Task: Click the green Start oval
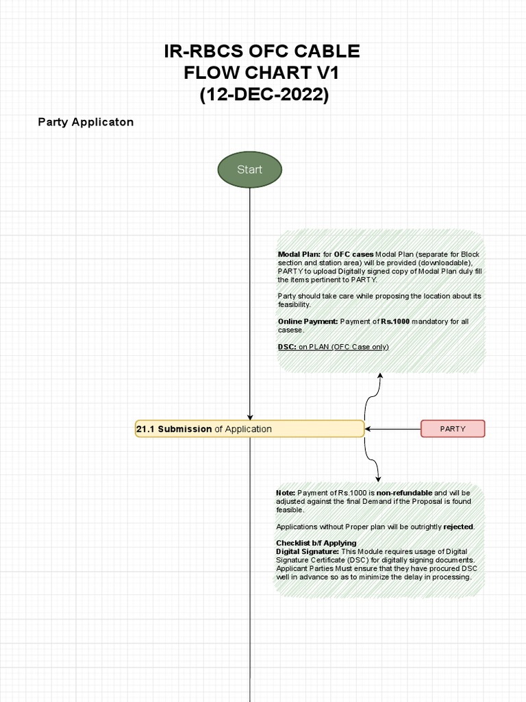point(249,169)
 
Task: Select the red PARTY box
point(453,428)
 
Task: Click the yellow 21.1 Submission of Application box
point(250,429)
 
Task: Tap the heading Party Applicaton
point(86,122)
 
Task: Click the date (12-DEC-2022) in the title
point(264,95)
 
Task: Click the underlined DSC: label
point(287,347)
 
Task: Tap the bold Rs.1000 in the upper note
point(395,322)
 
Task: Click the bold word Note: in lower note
point(286,493)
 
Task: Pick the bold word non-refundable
point(404,493)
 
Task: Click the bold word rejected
point(458,526)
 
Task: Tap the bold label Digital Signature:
point(307,551)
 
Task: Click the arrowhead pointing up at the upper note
point(379,376)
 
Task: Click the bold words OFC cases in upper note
point(353,254)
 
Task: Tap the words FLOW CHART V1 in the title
point(261,73)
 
